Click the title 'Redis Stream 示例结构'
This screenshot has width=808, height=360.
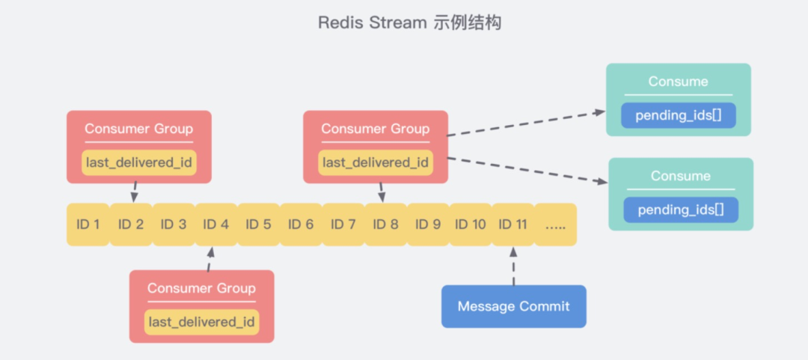pyautogui.click(x=409, y=22)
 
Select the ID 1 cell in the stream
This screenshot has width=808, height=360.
pyautogui.click(x=88, y=225)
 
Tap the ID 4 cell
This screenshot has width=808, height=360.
pyautogui.click(x=215, y=225)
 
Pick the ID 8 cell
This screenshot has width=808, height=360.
pyautogui.click(x=385, y=225)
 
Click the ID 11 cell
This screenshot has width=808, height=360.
pyautogui.click(x=512, y=225)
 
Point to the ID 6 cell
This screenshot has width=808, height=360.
pyautogui.click(x=300, y=225)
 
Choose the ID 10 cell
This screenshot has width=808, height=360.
pyautogui.click(x=470, y=225)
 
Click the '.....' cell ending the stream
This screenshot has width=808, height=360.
pyautogui.click(x=555, y=225)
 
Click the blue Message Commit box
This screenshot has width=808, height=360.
pyautogui.click(x=513, y=306)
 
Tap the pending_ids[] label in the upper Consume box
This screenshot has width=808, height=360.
pyautogui.click(x=678, y=115)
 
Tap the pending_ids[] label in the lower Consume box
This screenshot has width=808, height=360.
pyautogui.click(x=680, y=210)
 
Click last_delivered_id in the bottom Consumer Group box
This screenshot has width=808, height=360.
pyautogui.click(x=201, y=322)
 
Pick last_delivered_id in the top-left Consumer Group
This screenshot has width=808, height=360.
pyautogui.click(x=138, y=162)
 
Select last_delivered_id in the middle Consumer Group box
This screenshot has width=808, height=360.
pyautogui.click(x=375, y=162)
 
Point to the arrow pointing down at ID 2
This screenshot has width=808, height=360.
pyautogui.click(x=135, y=192)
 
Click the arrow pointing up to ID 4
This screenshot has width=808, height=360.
pyautogui.click(x=209, y=259)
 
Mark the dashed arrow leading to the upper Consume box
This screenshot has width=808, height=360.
pyautogui.click(x=527, y=124)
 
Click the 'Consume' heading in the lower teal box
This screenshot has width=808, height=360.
pyautogui.click(x=680, y=176)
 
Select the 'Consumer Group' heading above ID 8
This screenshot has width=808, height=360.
pyautogui.click(x=375, y=129)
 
